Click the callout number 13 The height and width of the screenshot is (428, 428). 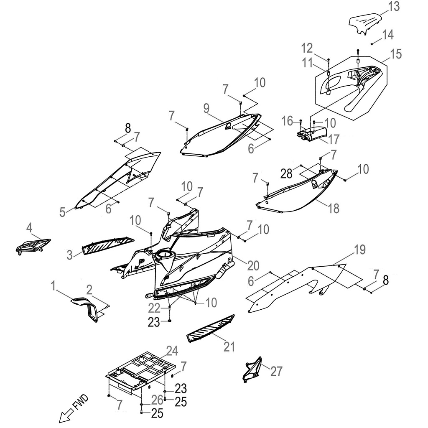click(x=394, y=6)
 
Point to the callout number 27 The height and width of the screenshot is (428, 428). click(x=277, y=371)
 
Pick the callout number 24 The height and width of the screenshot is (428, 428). click(x=172, y=351)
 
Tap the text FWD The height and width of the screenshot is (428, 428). click(x=81, y=403)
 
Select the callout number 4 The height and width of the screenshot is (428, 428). click(x=30, y=228)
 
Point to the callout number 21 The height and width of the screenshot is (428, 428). click(x=229, y=347)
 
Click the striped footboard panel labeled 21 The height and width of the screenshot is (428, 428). click(x=210, y=329)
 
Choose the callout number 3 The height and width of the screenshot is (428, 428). click(x=70, y=255)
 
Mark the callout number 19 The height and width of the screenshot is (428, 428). click(x=360, y=249)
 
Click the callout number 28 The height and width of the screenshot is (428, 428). click(x=287, y=173)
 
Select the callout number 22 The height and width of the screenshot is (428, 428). click(x=154, y=308)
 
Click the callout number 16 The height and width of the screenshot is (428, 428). click(x=288, y=121)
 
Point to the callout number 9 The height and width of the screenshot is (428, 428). click(x=206, y=109)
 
